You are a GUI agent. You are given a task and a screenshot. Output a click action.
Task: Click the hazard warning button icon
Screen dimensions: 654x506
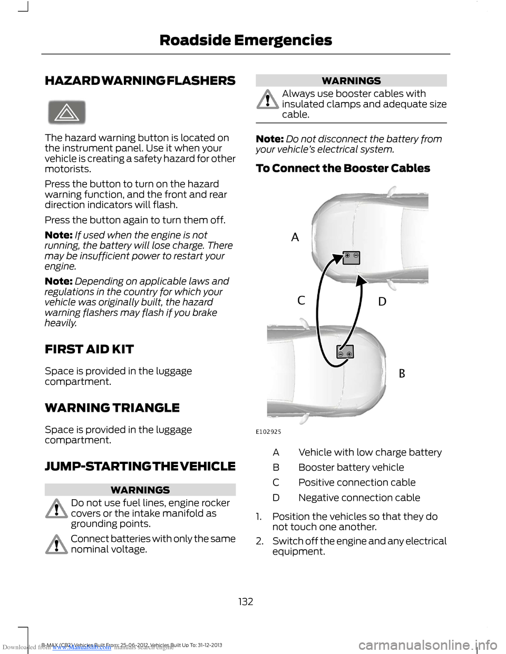[67, 113]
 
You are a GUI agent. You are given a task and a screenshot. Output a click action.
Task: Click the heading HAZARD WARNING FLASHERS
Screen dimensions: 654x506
[140, 81]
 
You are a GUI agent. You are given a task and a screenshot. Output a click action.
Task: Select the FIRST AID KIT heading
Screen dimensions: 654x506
[89, 349]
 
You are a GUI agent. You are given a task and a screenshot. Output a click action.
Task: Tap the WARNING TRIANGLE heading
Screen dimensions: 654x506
[112, 408]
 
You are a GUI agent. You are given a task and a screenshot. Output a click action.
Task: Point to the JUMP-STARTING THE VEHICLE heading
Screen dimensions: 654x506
[140, 466]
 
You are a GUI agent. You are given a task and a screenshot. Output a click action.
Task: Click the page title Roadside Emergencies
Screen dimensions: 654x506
[246, 40]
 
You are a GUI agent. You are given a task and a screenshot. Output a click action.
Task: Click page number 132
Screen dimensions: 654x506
[246, 601]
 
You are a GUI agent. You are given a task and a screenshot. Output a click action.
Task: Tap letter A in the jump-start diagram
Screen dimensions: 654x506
[295, 237]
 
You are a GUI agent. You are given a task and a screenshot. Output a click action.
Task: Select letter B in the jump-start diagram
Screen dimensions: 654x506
[402, 373]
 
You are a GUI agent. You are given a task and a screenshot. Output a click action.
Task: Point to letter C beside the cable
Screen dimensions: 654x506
[301, 301]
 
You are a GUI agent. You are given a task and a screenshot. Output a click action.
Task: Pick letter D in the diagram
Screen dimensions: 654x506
[382, 302]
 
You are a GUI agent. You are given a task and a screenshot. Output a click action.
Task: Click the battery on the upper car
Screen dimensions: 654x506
[351, 257]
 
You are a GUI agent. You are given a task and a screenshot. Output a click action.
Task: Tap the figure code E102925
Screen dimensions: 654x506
[269, 432]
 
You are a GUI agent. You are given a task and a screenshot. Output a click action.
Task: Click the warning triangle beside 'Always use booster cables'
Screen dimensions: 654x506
[268, 100]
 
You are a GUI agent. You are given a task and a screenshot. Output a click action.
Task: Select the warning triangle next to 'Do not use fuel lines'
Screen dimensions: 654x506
[56, 509]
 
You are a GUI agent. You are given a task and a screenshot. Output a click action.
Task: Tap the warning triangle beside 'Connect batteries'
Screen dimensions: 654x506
[56, 544]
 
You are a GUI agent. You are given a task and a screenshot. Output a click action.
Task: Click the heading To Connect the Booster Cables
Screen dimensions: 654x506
[343, 169]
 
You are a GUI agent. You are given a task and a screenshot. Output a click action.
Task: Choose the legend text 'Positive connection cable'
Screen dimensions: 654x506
[357, 482]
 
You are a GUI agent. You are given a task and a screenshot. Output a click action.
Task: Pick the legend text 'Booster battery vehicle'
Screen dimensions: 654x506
[351, 467]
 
